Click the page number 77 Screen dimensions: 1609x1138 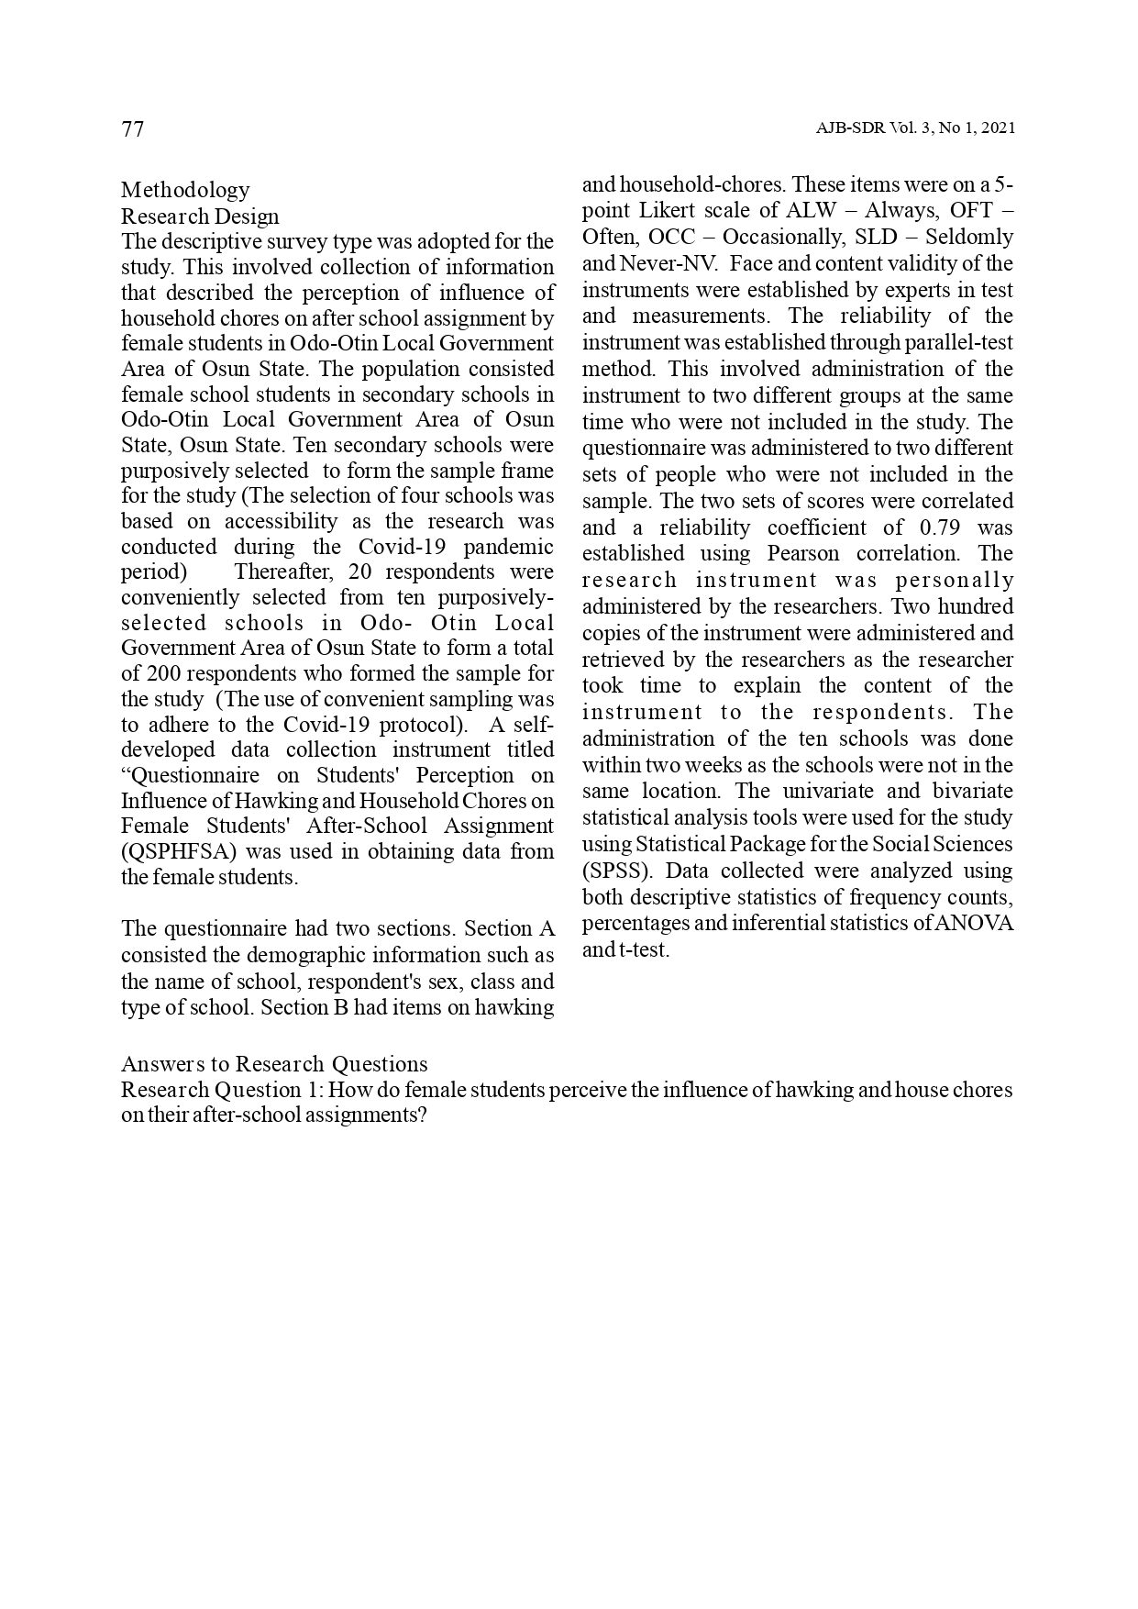pos(133,129)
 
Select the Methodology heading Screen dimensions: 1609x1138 pos(185,190)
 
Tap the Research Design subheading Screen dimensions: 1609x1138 pos(200,216)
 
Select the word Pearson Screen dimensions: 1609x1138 pos(802,553)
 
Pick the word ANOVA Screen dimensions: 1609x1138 pos(975,923)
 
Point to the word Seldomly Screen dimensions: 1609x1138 pos(969,237)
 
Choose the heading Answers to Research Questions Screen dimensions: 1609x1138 pos(274,1064)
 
